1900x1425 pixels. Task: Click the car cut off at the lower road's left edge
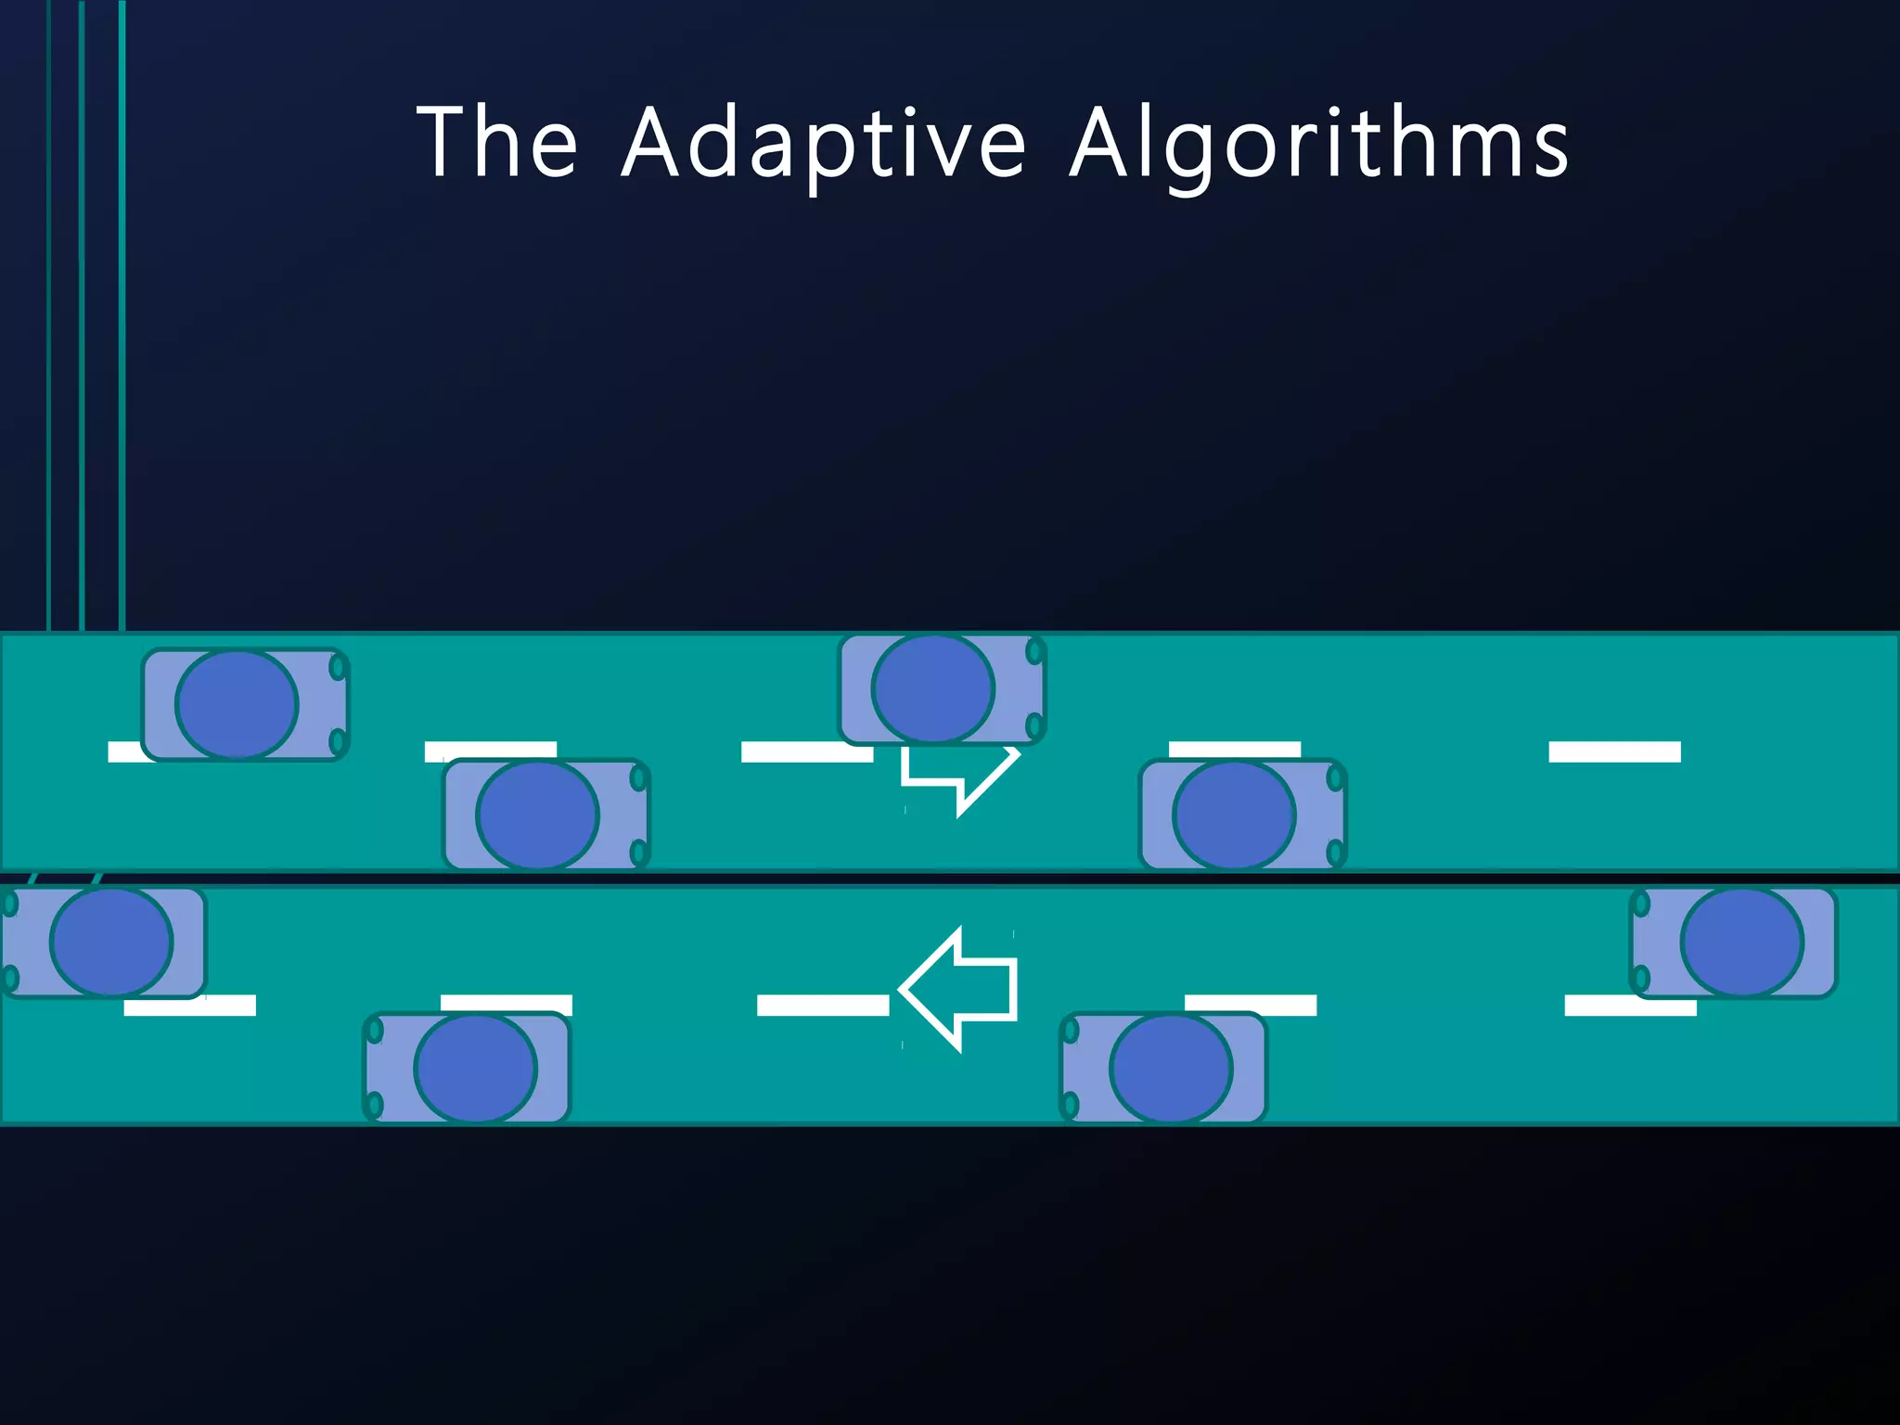[103, 943]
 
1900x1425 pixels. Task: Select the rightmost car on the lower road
[1733, 943]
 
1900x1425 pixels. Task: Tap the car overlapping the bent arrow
[942, 689]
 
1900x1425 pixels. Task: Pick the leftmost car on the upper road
[245, 704]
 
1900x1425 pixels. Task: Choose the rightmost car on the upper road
[1243, 815]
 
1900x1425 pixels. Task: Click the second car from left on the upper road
[546, 815]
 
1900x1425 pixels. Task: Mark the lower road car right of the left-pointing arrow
[1163, 1068]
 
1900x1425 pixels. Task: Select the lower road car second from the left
[467, 1068]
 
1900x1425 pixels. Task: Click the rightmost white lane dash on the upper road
[1614, 751]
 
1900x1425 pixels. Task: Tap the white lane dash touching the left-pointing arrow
[823, 1005]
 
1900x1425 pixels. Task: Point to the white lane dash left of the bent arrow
[807, 751]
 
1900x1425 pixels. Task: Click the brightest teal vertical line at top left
[122, 315]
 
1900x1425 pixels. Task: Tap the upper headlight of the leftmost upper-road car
[339, 667]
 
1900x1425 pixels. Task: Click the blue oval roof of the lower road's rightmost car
[1742, 943]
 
